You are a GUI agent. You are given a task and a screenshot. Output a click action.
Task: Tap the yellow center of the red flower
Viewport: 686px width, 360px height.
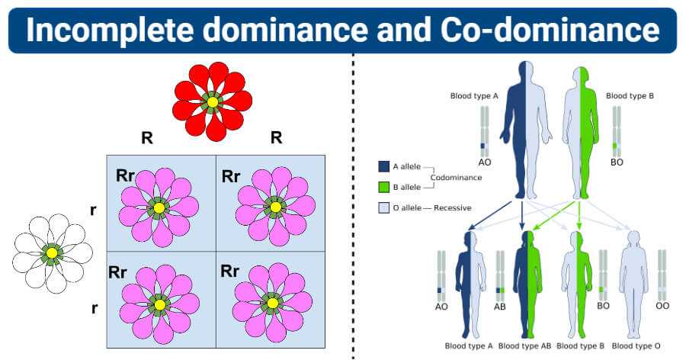coord(213,101)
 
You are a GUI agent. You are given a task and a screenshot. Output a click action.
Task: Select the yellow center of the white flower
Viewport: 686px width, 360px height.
coord(51,252)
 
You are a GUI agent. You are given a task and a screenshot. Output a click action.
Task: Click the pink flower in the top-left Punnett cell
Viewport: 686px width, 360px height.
coord(159,207)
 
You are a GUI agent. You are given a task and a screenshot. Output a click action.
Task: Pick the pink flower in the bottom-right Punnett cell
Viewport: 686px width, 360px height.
coord(273,302)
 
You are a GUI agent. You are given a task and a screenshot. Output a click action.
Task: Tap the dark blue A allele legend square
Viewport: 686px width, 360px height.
coord(383,166)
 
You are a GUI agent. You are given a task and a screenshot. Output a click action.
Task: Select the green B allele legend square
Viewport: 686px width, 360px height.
coord(383,186)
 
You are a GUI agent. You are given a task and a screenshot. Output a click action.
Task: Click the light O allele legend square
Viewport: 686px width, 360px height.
coord(383,207)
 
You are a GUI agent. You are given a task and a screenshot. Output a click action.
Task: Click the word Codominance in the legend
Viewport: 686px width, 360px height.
coord(456,177)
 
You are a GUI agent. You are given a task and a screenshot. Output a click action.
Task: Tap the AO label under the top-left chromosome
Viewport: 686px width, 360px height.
coord(485,162)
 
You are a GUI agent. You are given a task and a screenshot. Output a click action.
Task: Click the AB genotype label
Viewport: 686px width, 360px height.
coord(501,306)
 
